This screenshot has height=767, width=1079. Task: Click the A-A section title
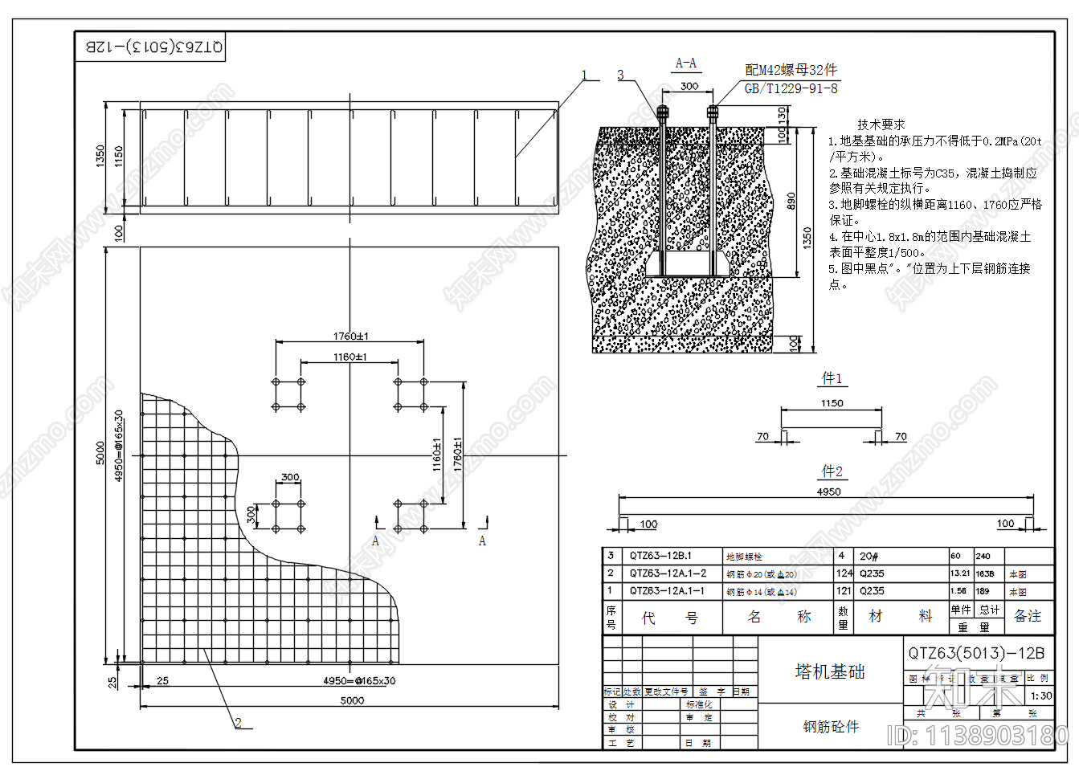pos(685,63)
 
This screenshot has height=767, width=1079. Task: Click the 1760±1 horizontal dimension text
pos(351,337)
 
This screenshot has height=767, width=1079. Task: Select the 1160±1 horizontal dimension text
pos(350,357)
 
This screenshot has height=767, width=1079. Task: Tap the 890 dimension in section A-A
pos(791,200)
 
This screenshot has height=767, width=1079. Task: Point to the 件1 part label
pos(832,378)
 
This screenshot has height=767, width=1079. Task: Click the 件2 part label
pos(832,471)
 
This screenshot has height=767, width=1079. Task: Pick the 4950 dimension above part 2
pos(828,492)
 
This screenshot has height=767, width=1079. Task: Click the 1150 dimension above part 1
pos(832,403)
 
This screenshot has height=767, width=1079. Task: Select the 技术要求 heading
pos(881,124)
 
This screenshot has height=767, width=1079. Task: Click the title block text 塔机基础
pos(830,671)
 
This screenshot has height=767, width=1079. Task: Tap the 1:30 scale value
pos(1041,696)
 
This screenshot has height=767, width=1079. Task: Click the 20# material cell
pos(869,556)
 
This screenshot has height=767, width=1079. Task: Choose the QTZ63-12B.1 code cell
pos(660,556)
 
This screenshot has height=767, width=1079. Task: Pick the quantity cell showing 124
pos(844,573)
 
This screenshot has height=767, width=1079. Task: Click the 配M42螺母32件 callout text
pos(791,70)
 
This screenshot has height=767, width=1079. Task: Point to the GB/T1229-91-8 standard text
pos(791,88)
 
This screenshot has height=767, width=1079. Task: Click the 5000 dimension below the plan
pos(352,700)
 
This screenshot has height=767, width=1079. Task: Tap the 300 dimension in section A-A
pos(689,86)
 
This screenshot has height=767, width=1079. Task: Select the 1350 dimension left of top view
pos(100,156)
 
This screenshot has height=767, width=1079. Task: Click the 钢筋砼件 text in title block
pos(831,727)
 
